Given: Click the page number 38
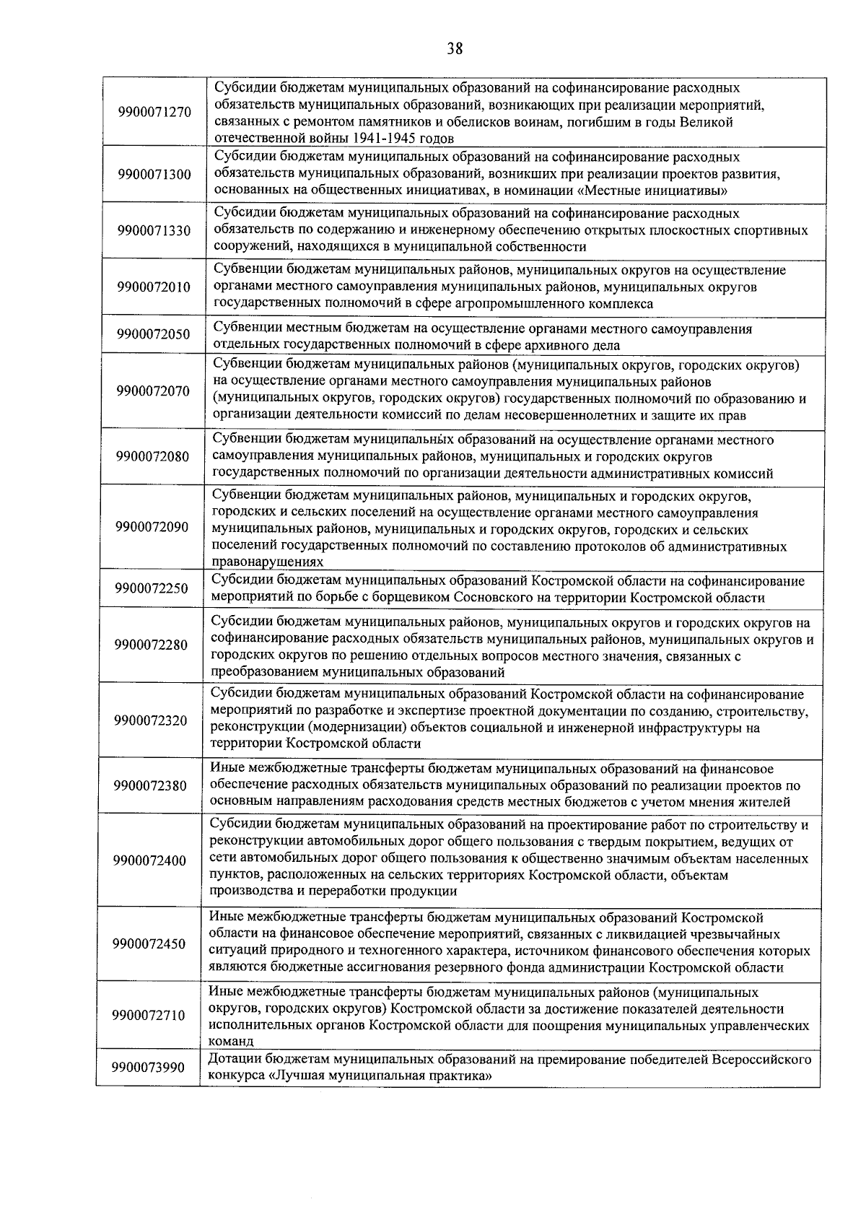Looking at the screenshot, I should [455, 49].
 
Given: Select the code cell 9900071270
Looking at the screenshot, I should [154, 113].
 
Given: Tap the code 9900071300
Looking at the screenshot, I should [154, 174].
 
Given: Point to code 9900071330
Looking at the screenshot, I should [154, 231].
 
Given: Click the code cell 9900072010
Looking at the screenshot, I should [154, 287].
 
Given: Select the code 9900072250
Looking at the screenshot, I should [152, 589].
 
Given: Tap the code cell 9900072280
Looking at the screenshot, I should [151, 645].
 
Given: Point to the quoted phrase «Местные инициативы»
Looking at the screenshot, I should [655, 191].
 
